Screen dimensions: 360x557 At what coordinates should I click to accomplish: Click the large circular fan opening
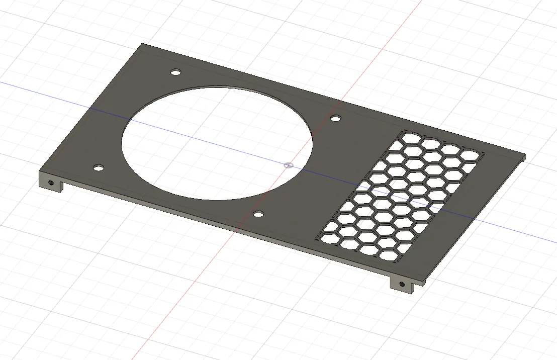point(217,142)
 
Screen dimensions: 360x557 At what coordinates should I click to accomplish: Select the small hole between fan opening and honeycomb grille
point(335,118)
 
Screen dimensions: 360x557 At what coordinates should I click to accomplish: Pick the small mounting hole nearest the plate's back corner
point(175,72)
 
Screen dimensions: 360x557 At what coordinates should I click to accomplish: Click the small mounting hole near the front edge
point(258,215)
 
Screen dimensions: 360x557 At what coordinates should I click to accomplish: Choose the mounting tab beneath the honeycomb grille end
point(403,285)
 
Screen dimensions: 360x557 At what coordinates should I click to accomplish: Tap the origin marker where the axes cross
point(288,164)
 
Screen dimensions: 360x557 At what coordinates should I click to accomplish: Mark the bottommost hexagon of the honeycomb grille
point(388,255)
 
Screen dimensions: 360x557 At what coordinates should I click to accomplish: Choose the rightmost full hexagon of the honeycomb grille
point(471,156)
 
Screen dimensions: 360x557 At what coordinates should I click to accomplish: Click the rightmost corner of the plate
point(525,155)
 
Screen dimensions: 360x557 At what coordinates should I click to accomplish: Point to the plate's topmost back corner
point(141,44)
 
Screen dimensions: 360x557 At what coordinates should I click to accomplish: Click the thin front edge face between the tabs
point(226,223)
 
